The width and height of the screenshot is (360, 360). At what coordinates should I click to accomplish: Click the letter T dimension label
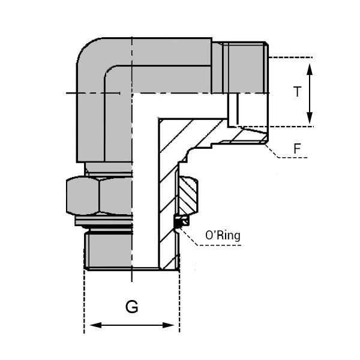[x=296, y=92]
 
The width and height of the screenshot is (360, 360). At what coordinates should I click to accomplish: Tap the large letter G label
[x=131, y=307]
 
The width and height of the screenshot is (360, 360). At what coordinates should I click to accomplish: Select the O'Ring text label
[x=223, y=235]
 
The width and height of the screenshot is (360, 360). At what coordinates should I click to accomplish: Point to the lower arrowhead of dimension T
[x=310, y=119]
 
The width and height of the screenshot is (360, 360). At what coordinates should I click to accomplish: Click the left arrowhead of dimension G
[x=91, y=326]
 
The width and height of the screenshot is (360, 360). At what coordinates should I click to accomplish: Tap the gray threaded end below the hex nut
[x=108, y=249]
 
